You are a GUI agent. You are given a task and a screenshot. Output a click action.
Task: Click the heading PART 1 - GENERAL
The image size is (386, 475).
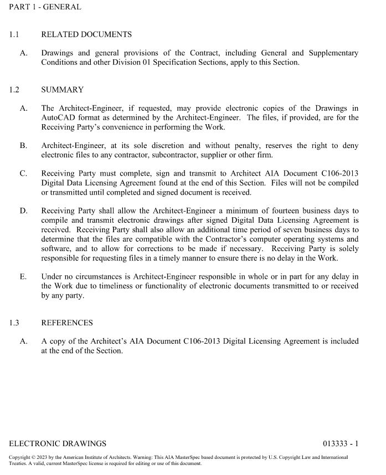click(x=45, y=7)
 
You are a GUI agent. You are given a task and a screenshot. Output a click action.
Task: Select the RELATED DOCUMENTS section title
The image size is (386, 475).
click(x=86, y=34)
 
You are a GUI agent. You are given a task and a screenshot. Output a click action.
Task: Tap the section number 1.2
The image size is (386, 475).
click(x=14, y=89)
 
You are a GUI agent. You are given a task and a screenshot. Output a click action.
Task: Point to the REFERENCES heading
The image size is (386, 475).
click(x=67, y=323)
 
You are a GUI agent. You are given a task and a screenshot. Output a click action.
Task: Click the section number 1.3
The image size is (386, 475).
click(x=14, y=323)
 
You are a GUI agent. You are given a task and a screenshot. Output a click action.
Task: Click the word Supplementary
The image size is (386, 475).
click(x=334, y=53)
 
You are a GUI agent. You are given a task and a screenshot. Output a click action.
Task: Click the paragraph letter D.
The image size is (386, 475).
click(x=23, y=211)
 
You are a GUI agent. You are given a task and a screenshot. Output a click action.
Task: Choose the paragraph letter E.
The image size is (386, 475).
click(x=23, y=277)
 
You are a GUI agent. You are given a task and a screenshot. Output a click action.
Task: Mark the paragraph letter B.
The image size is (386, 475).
click(x=23, y=146)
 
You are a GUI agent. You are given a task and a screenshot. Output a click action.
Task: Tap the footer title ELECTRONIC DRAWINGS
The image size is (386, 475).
click(x=58, y=443)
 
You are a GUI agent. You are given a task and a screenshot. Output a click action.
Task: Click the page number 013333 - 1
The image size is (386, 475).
click(x=341, y=443)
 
